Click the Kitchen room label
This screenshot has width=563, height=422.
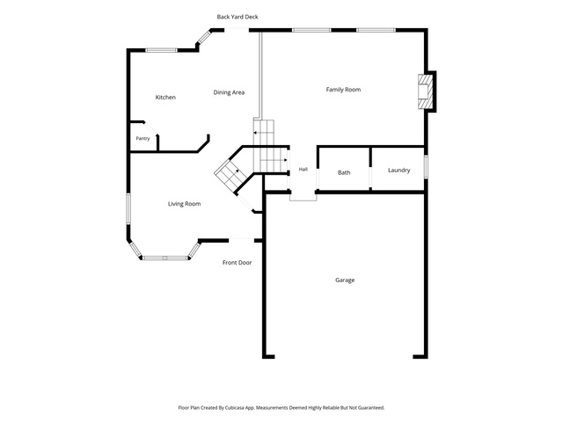pyautogui.click(x=165, y=98)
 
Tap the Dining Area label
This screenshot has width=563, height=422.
pyautogui.click(x=229, y=92)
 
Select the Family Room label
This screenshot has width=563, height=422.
pyautogui.click(x=343, y=90)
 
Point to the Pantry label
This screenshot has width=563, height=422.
pyautogui.click(x=143, y=139)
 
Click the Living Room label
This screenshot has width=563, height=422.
pyautogui.click(x=184, y=204)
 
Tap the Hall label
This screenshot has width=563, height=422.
pyautogui.click(x=303, y=170)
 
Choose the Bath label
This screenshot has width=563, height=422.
pyautogui.click(x=344, y=172)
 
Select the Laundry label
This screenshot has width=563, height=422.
pyautogui.click(x=398, y=171)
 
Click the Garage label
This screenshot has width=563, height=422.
pyautogui.click(x=345, y=280)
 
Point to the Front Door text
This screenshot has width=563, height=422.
pyautogui.click(x=237, y=263)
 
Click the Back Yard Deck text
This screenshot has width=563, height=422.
pyautogui.click(x=238, y=17)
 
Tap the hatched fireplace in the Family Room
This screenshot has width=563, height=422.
pyautogui.click(x=425, y=91)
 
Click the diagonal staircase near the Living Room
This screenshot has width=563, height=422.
pyautogui.click(x=230, y=176)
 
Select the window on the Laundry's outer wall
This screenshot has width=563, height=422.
pyautogui.click(x=426, y=166)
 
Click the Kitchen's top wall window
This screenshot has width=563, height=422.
pyautogui.click(x=162, y=50)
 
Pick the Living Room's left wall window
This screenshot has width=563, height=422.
pyautogui.click(x=128, y=209)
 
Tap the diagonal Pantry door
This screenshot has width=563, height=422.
pyautogui.click(x=150, y=128)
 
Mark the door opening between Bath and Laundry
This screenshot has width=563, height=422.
pyautogui.click(x=370, y=178)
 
